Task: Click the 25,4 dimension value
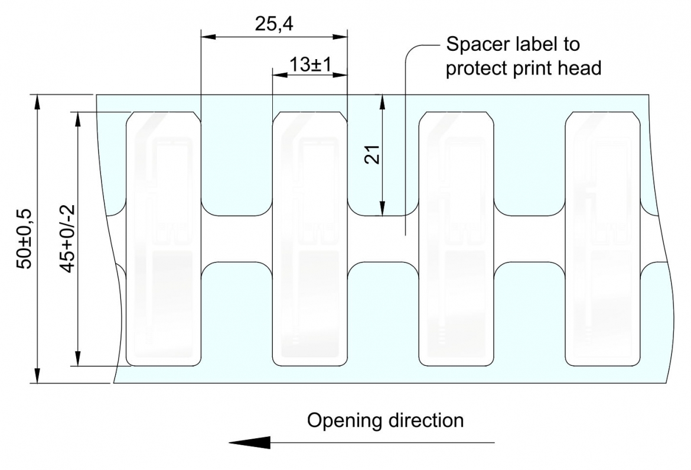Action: click(x=273, y=24)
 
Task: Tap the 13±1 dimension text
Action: click(x=310, y=65)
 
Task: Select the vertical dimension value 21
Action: click(x=373, y=154)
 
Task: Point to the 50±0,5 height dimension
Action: click(x=24, y=239)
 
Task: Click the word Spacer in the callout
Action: click(x=477, y=44)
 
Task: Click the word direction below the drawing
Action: click(x=426, y=420)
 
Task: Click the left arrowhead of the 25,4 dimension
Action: click(x=208, y=36)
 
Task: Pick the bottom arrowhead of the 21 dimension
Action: click(x=382, y=208)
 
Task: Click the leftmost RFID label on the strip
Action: click(x=164, y=239)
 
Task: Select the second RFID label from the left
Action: click(x=310, y=239)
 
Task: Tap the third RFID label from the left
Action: click(x=456, y=239)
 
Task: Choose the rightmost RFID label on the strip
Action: click(x=602, y=239)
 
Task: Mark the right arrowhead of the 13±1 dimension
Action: click(x=340, y=74)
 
